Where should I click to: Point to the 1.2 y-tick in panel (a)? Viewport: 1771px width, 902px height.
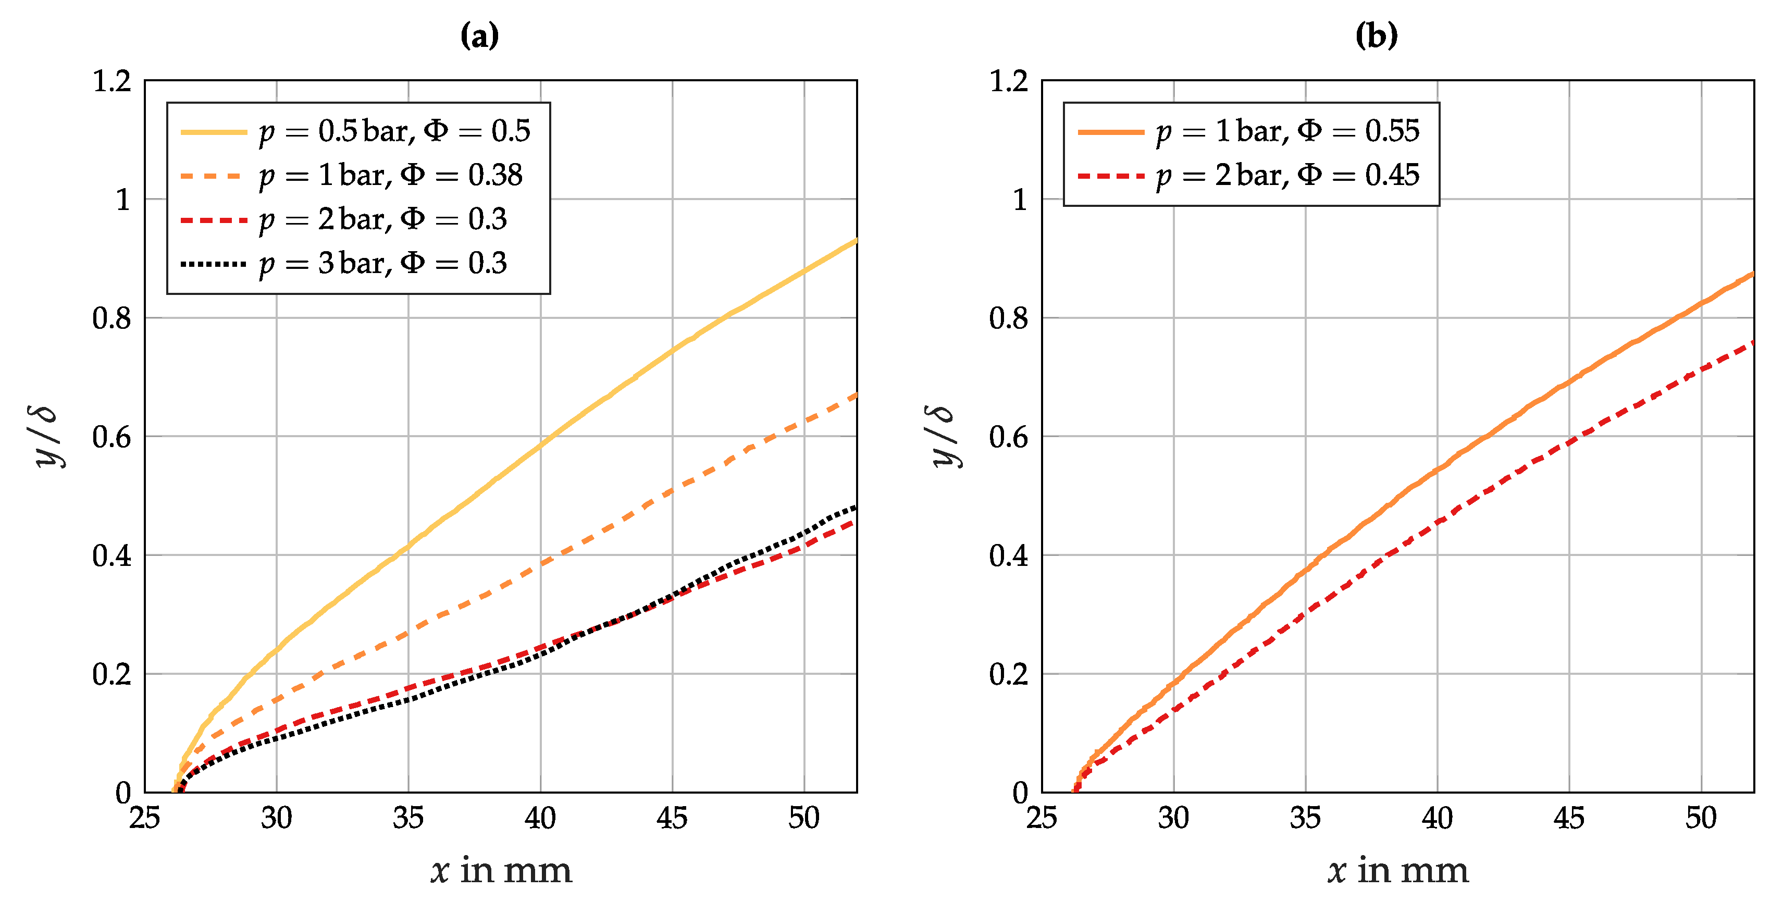point(112,81)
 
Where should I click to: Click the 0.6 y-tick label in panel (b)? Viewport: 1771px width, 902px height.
point(1009,437)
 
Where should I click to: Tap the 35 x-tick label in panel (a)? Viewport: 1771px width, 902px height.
point(408,818)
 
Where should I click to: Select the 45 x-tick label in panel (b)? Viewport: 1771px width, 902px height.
point(1569,818)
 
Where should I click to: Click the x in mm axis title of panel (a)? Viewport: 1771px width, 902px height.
point(501,870)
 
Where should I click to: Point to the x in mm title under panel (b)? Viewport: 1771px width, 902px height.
point(1398,870)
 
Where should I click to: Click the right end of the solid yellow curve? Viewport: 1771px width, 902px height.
point(855,241)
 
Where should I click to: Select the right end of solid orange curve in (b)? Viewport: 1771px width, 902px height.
point(1752,274)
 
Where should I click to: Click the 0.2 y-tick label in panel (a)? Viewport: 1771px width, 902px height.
point(112,674)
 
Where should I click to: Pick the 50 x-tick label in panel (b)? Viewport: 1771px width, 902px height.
point(1701,818)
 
